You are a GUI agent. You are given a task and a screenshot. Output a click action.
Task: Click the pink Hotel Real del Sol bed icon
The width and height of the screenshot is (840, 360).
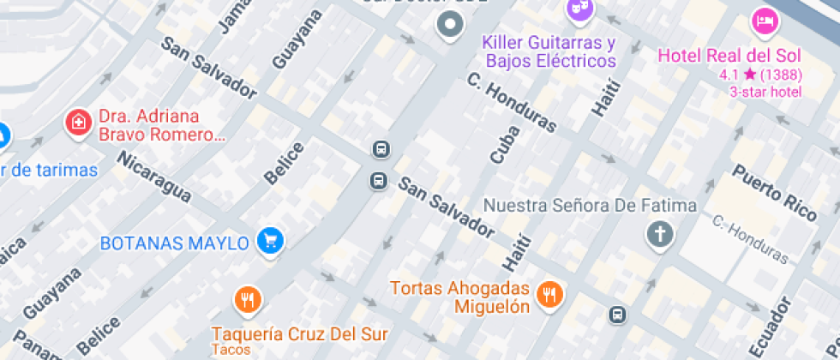[764, 20]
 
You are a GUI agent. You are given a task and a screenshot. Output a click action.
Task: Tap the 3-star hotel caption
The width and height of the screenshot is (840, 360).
[765, 93]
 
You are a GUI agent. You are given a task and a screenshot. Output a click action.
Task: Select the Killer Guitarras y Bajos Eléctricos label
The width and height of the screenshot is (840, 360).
[549, 51]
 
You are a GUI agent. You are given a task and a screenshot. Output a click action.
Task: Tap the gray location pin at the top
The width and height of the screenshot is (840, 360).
[449, 25]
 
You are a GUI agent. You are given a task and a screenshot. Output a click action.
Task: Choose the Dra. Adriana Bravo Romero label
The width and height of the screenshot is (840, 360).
[161, 125]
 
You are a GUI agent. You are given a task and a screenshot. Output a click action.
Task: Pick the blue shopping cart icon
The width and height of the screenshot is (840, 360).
[270, 241]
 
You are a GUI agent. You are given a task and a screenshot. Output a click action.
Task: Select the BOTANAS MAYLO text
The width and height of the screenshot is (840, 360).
[175, 243]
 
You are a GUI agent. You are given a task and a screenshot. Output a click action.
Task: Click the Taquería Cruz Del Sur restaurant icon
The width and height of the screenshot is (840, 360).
[249, 300]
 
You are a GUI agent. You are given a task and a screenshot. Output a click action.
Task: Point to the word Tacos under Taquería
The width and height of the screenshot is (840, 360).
[231, 350]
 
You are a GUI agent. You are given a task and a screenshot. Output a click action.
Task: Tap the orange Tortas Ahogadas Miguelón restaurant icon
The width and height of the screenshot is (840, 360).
[549, 296]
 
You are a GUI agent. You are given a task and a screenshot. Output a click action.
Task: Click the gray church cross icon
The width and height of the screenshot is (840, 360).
[660, 234]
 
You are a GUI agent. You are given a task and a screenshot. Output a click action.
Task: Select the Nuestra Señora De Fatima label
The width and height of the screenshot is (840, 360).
[590, 206]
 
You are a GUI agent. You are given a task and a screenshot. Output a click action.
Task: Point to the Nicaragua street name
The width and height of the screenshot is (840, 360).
[153, 177]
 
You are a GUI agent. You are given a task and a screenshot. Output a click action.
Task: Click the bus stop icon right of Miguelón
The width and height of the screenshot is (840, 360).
[617, 315]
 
